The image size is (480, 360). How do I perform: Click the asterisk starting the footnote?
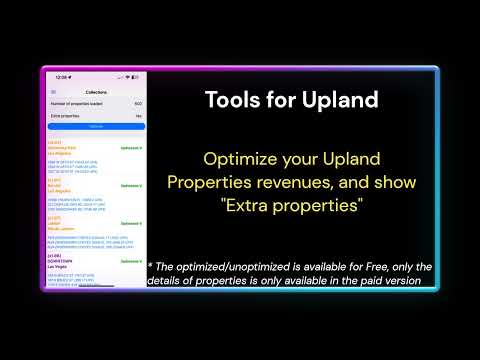[151, 266]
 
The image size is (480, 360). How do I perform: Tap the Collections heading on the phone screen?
[96, 91]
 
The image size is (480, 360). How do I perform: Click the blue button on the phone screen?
[96, 127]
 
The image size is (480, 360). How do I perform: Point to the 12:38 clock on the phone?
[61, 77]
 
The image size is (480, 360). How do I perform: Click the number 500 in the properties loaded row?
[138, 103]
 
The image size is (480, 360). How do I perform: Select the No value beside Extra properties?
[139, 116]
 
